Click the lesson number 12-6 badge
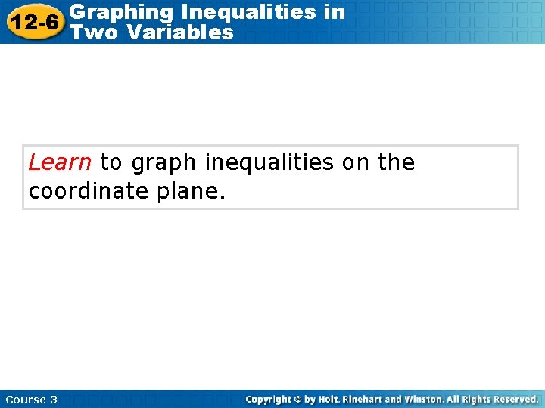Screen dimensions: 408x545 33,22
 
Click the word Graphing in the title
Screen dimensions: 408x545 111,12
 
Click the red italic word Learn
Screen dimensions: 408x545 60,162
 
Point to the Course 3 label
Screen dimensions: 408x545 31,399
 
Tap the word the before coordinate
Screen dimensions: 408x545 397,162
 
